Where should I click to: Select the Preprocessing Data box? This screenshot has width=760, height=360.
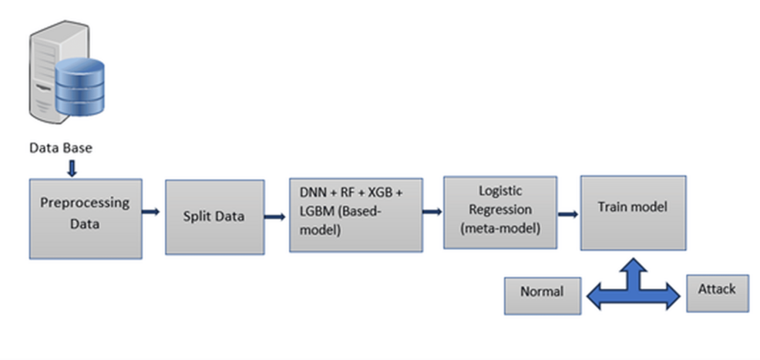point(86,218)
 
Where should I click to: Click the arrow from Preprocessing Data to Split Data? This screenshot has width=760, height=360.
point(152,211)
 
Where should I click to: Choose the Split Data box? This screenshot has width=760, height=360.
point(214,217)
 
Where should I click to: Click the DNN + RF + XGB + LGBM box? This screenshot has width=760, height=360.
point(355,214)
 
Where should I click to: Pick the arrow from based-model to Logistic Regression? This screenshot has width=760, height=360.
point(432,210)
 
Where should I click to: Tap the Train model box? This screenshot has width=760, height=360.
point(632,212)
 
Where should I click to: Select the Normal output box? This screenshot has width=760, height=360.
point(542,292)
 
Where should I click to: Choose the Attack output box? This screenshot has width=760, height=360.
point(717,291)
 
